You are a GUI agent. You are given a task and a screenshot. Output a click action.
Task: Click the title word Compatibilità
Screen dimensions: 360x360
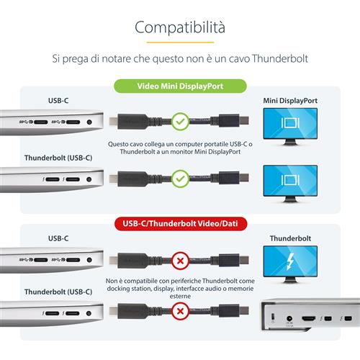180,27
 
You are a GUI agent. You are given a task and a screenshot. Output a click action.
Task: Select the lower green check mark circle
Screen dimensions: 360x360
180,177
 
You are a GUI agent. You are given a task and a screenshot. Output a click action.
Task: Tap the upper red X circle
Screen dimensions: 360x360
180,258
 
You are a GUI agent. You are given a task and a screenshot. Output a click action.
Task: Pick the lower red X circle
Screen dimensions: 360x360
180,314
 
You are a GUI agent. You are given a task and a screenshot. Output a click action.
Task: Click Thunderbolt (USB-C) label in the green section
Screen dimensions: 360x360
58,156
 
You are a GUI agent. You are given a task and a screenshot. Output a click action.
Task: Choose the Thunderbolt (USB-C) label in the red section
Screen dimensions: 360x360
58,292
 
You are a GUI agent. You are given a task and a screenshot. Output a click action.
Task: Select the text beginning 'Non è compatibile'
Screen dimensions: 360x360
180,286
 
